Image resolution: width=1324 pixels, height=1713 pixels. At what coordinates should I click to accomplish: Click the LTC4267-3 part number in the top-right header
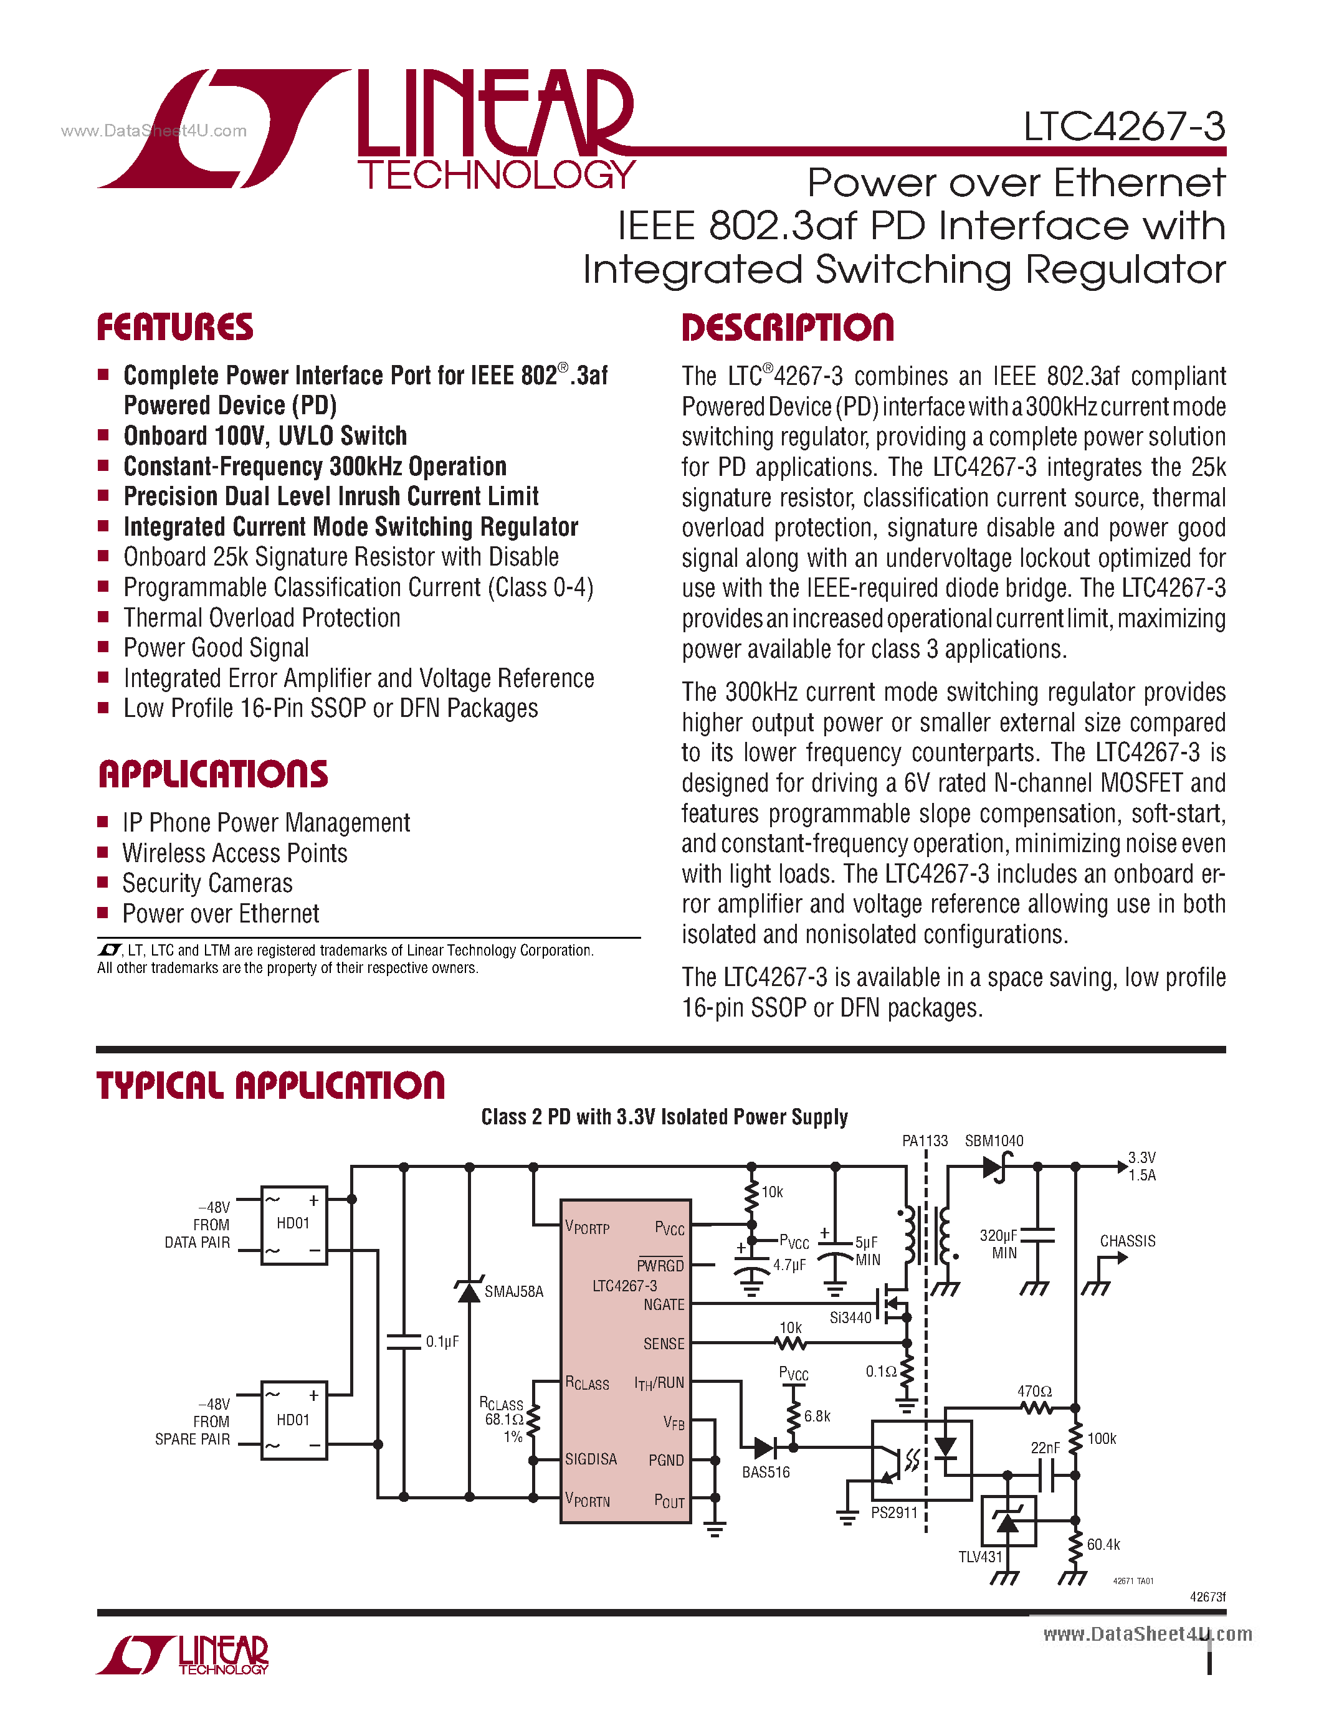coord(1124,127)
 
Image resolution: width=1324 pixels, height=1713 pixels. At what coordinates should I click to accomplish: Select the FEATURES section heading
coord(175,328)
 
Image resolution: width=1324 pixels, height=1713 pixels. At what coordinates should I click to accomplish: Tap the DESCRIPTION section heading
coord(788,328)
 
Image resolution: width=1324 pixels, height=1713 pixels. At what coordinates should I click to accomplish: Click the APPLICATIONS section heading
coord(212,774)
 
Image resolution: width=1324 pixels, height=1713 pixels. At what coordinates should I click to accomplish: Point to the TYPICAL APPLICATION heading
coord(270,1086)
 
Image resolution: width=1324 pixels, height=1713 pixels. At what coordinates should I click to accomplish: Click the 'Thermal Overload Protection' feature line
coord(262,618)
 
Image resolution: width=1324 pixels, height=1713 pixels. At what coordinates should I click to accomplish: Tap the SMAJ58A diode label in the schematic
coord(514,1292)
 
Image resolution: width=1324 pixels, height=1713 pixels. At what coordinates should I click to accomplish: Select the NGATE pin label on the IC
coord(664,1304)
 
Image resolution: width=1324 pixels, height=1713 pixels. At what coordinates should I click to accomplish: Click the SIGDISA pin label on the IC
coord(591,1459)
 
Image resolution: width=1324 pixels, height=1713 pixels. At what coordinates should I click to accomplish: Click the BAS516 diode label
coord(766,1472)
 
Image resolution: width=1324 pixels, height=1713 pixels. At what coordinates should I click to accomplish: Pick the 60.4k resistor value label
coord(1103,1544)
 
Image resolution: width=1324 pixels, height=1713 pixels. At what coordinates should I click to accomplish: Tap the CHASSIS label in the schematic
coord(1127,1241)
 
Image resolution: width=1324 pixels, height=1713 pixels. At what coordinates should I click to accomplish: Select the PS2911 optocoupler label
coord(893,1512)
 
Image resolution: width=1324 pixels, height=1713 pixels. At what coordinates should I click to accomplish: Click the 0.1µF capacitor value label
coord(442,1342)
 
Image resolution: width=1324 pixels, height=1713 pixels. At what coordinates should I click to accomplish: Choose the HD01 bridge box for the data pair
coord(293,1225)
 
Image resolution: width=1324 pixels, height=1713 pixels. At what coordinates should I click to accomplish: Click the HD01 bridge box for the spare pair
coord(293,1420)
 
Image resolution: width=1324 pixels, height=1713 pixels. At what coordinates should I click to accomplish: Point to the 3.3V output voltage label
coord(1141,1158)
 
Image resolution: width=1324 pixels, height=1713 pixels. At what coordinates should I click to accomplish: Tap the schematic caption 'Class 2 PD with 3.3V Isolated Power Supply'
coord(664,1117)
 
